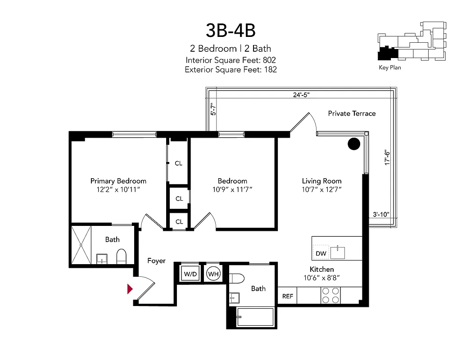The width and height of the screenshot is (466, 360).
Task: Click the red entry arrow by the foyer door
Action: tap(130, 289)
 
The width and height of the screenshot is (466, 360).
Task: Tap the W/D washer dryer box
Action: tap(190, 273)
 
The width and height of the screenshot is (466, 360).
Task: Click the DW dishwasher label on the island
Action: tap(321, 254)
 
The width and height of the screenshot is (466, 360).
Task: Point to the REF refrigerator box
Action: tap(287, 296)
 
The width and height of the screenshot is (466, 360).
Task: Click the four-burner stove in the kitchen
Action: tap(331, 295)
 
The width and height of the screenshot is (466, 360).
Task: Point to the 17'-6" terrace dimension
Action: tap(386, 158)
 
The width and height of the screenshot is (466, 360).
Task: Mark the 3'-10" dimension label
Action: tap(380, 215)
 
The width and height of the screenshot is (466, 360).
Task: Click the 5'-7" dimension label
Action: tap(214, 109)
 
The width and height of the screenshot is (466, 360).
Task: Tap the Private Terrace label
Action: tap(351, 113)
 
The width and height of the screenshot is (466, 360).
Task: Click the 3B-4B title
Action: tap(231, 30)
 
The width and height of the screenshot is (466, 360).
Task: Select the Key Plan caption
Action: tap(389, 68)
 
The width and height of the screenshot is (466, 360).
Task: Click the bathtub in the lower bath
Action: tap(255, 317)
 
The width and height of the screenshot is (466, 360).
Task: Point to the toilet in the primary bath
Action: tap(122, 256)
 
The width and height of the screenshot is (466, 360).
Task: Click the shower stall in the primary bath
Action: tap(81, 245)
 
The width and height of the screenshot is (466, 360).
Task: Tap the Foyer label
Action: tap(156, 261)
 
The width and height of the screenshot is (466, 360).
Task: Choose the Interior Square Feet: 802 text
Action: tap(231, 60)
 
